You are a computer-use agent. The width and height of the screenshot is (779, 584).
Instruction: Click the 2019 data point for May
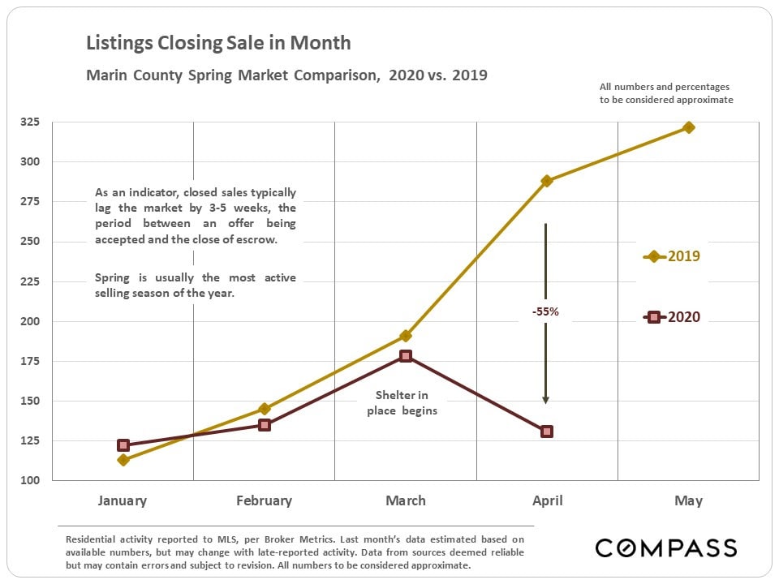pos(689,127)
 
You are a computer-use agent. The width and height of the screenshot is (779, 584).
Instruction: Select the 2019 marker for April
pos(547,181)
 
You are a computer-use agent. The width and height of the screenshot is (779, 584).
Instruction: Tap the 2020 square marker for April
pos(547,432)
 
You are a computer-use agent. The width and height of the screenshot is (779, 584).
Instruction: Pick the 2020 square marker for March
pos(406,356)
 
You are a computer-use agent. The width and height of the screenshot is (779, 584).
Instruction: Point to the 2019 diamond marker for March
pos(406,336)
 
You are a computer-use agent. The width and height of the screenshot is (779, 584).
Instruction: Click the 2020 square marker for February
pos(265,425)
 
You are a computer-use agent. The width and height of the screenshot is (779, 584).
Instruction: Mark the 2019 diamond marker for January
pos(123,460)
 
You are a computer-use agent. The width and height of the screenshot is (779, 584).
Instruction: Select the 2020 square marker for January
pos(123,445)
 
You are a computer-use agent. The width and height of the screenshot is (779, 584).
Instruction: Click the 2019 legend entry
pos(672,256)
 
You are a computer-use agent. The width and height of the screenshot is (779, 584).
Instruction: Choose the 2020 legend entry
pos(672,317)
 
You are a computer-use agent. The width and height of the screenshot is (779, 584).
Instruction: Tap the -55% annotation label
pos(545,311)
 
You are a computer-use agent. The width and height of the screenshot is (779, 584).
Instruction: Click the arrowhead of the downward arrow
pos(545,399)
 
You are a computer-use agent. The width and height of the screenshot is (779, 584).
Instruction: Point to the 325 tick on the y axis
pos(29,122)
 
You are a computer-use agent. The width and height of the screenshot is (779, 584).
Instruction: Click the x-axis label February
pos(264,500)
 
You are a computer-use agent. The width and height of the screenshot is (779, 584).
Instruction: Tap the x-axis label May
pos(688,500)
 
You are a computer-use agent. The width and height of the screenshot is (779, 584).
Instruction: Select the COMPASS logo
pos(665,547)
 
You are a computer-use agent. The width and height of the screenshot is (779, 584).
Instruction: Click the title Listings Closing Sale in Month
pos(218,43)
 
